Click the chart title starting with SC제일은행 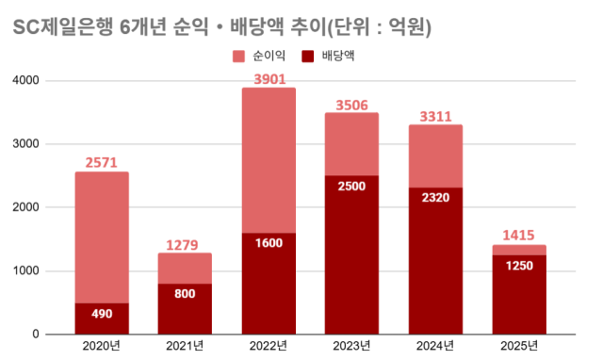pos(222,28)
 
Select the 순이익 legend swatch pos(238,57)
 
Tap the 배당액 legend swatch pos(308,57)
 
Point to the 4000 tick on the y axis pos(52,81)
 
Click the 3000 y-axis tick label pos(52,144)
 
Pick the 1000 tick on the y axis pos(52,271)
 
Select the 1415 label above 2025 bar pos(519,235)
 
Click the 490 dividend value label pos(102,314)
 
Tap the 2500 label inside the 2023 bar pos(352,187)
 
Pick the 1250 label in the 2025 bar pos(519,266)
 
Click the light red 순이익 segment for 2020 pos(102,236)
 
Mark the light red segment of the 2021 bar pos(186,269)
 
